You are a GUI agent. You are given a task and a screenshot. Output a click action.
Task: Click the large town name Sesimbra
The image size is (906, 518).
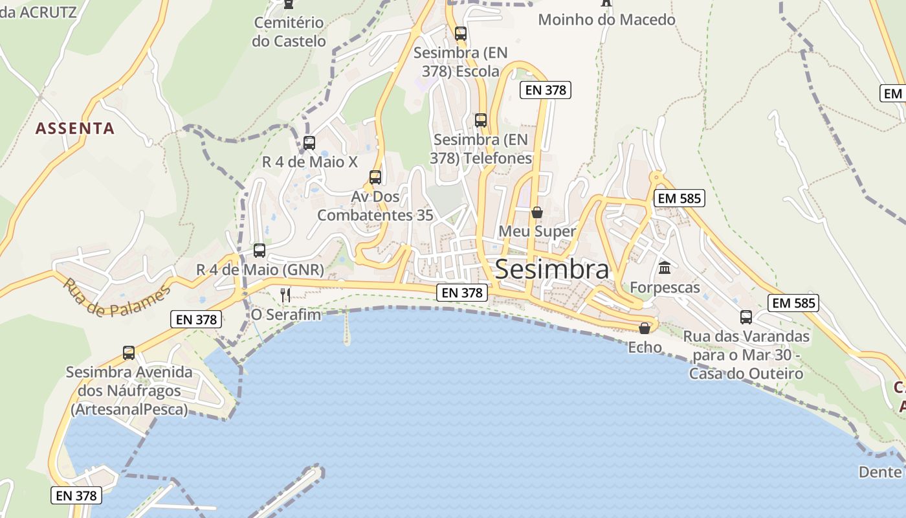551,270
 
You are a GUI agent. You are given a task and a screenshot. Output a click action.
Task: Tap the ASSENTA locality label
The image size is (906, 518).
75,128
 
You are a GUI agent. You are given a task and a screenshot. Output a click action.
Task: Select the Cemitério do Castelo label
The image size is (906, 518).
289,32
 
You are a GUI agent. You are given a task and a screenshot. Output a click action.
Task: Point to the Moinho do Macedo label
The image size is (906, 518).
606,19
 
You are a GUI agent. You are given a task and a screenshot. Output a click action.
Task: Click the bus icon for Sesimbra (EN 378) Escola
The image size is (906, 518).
460,34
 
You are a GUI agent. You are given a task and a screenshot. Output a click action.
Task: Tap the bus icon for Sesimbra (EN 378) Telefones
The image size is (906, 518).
480,120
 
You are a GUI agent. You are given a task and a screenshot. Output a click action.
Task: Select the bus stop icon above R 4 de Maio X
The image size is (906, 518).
309,142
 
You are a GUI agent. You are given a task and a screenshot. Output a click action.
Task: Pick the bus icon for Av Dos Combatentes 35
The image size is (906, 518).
375,177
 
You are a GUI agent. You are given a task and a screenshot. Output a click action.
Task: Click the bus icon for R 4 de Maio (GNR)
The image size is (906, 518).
260,250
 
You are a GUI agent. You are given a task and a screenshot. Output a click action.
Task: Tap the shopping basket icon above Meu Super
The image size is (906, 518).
536,212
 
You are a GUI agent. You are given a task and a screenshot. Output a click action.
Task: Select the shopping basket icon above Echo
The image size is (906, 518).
644,328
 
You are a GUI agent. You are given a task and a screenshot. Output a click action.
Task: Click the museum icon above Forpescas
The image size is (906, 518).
665,267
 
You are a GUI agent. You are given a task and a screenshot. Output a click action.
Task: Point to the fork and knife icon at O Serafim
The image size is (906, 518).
285,295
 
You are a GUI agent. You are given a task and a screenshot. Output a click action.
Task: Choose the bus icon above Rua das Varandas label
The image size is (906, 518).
746,317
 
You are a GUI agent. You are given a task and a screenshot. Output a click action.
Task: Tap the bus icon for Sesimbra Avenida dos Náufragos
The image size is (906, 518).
129,353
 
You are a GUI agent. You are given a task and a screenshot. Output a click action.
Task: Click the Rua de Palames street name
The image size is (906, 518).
116,298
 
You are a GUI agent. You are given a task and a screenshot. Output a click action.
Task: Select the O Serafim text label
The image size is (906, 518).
286,315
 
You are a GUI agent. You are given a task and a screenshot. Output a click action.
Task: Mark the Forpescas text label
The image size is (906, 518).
665,287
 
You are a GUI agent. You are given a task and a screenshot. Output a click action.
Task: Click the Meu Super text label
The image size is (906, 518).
536,231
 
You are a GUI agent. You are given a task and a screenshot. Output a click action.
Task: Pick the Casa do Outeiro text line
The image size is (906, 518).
746,374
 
